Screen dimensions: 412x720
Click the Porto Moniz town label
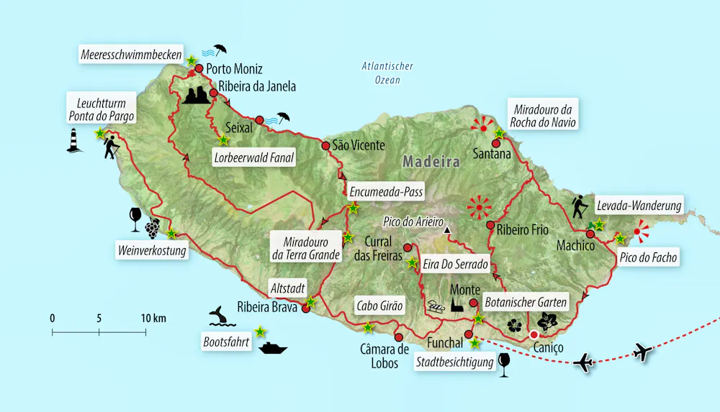coord(234,70)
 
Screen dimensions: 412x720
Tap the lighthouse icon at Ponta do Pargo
coord(73,140)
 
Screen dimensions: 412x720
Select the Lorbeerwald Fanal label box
coord(253,158)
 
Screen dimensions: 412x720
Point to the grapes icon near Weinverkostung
coord(152,228)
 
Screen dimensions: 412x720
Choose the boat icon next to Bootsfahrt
coord(274,348)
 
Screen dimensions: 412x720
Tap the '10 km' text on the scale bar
coord(153,318)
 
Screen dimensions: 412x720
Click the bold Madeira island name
coord(431,162)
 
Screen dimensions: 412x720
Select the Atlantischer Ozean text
coord(387,73)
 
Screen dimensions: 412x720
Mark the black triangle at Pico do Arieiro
coord(447,231)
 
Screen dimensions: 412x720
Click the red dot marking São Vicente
coord(325,146)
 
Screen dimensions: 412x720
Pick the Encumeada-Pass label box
coord(385,192)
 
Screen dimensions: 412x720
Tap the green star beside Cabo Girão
coord(368,328)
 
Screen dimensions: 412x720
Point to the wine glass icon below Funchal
coord(504,365)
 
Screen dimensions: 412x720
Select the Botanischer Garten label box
coord(525,302)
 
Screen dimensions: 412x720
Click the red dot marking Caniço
coord(534,335)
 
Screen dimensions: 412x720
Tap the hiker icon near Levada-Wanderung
coord(580,207)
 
